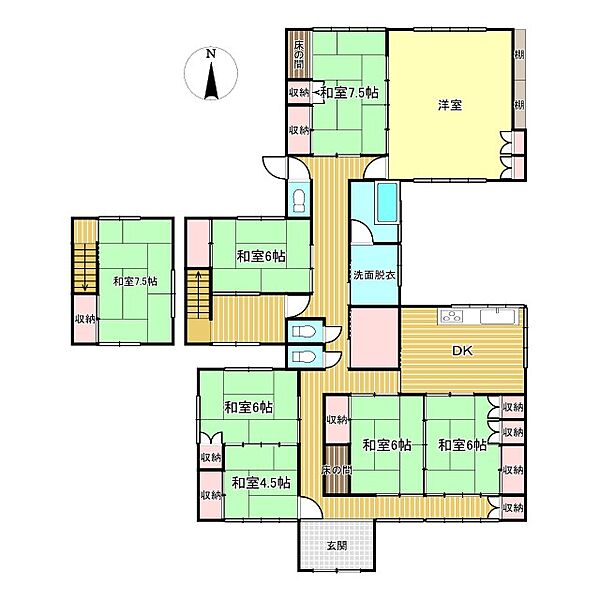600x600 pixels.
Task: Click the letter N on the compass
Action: pyautogui.click(x=210, y=54)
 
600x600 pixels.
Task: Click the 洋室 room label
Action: pyautogui.click(x=450, y=105)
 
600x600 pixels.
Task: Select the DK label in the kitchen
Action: pyautogui.click(x=462, y=351)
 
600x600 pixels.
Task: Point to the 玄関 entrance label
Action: pyautogui.click(x=337, y=546)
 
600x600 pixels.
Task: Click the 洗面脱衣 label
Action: pyautogui.click(x=374, y=275)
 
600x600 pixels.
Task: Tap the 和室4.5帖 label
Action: pyautogui.click(x=261, y=483)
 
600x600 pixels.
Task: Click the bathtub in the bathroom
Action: pyautogui.click(x=388, y=202)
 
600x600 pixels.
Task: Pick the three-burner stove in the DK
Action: pyautogui.click(x=452, y=317)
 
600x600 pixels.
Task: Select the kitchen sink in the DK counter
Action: pyautogui.click(x=498, y=317)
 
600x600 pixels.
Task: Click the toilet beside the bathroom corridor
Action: pyautogui.click(x=299, y=201)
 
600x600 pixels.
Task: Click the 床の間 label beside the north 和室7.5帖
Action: pyautogui.click(x=299, y=55)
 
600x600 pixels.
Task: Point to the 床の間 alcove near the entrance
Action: pyautogui.click(x=336, y=470)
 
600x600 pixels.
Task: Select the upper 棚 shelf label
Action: pyautogui.click(x=519, y=55)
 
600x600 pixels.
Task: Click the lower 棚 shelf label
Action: pyautogui.click(x=519, y=104)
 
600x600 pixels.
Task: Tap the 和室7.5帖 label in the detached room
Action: pyautogui.click(x=135, y=282)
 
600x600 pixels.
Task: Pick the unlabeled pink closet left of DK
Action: pyautogui.click(x=375, y=337)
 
